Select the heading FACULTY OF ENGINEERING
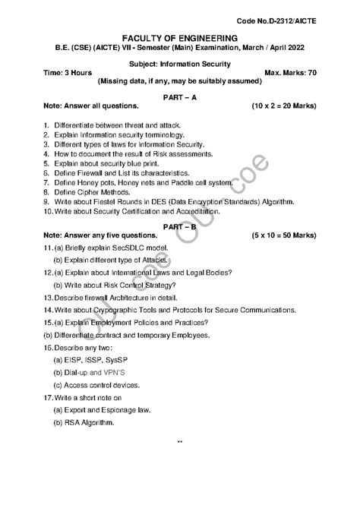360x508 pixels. pos(179,38)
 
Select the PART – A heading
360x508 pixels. pos(180,98)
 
